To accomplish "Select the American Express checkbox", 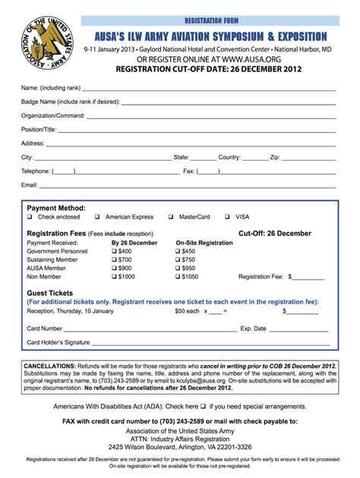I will (98, 217).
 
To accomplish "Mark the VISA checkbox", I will (227, 217).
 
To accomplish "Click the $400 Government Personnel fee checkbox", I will (115, 251).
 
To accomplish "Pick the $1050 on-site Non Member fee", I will (178, 277).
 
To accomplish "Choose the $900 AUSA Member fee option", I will (115, 269).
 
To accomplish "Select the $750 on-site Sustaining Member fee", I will (178, 259).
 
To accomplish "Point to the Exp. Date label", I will (253, 329).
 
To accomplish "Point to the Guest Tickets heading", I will (50, 293).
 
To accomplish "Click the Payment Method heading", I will (56, 207).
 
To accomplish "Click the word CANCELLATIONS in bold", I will (49, 366).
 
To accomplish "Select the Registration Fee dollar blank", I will (307, 277).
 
